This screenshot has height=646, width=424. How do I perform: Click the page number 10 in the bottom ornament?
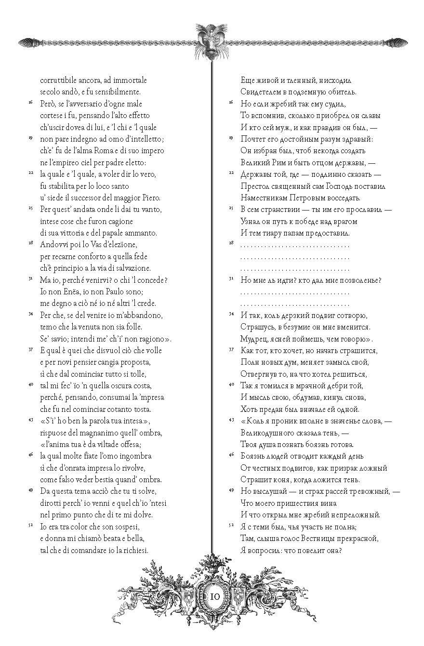215,597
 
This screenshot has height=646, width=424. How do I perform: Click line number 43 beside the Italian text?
30,420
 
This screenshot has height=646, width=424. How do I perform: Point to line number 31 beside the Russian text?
230,279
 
